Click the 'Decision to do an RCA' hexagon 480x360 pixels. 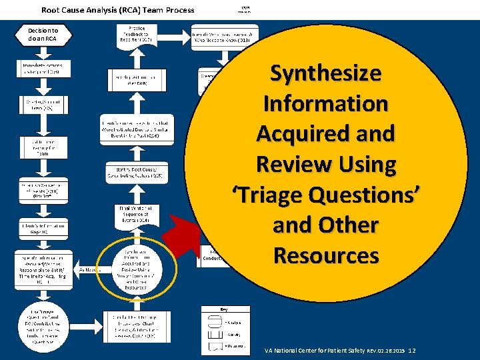pos(43,35)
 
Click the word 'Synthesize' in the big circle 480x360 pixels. pos(325,73)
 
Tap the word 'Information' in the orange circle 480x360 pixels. pos(325,103)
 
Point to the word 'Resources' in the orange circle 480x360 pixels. pos(326,255)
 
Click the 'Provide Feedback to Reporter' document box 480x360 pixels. pos(139,34)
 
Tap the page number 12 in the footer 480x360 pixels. pos(412,350)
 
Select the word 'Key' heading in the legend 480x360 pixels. pos(224,309)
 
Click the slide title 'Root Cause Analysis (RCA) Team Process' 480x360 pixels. pos(118,9)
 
